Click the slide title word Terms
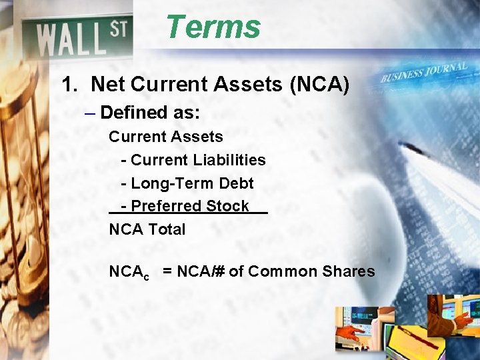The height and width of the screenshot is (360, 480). point(213,27)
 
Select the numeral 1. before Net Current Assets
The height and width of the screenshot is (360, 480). point(70,85)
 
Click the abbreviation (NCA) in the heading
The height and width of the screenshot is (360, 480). point(317,85)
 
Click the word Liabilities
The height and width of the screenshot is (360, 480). point(230,160)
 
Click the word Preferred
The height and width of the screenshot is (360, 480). point(167,206)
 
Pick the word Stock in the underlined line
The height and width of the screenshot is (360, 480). point(227,206)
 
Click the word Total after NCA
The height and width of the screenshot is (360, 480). point(167,229)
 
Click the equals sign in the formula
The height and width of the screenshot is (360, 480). point(167,271)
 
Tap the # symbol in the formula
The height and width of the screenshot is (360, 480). point(220,271)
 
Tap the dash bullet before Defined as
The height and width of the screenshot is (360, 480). point(90,113)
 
